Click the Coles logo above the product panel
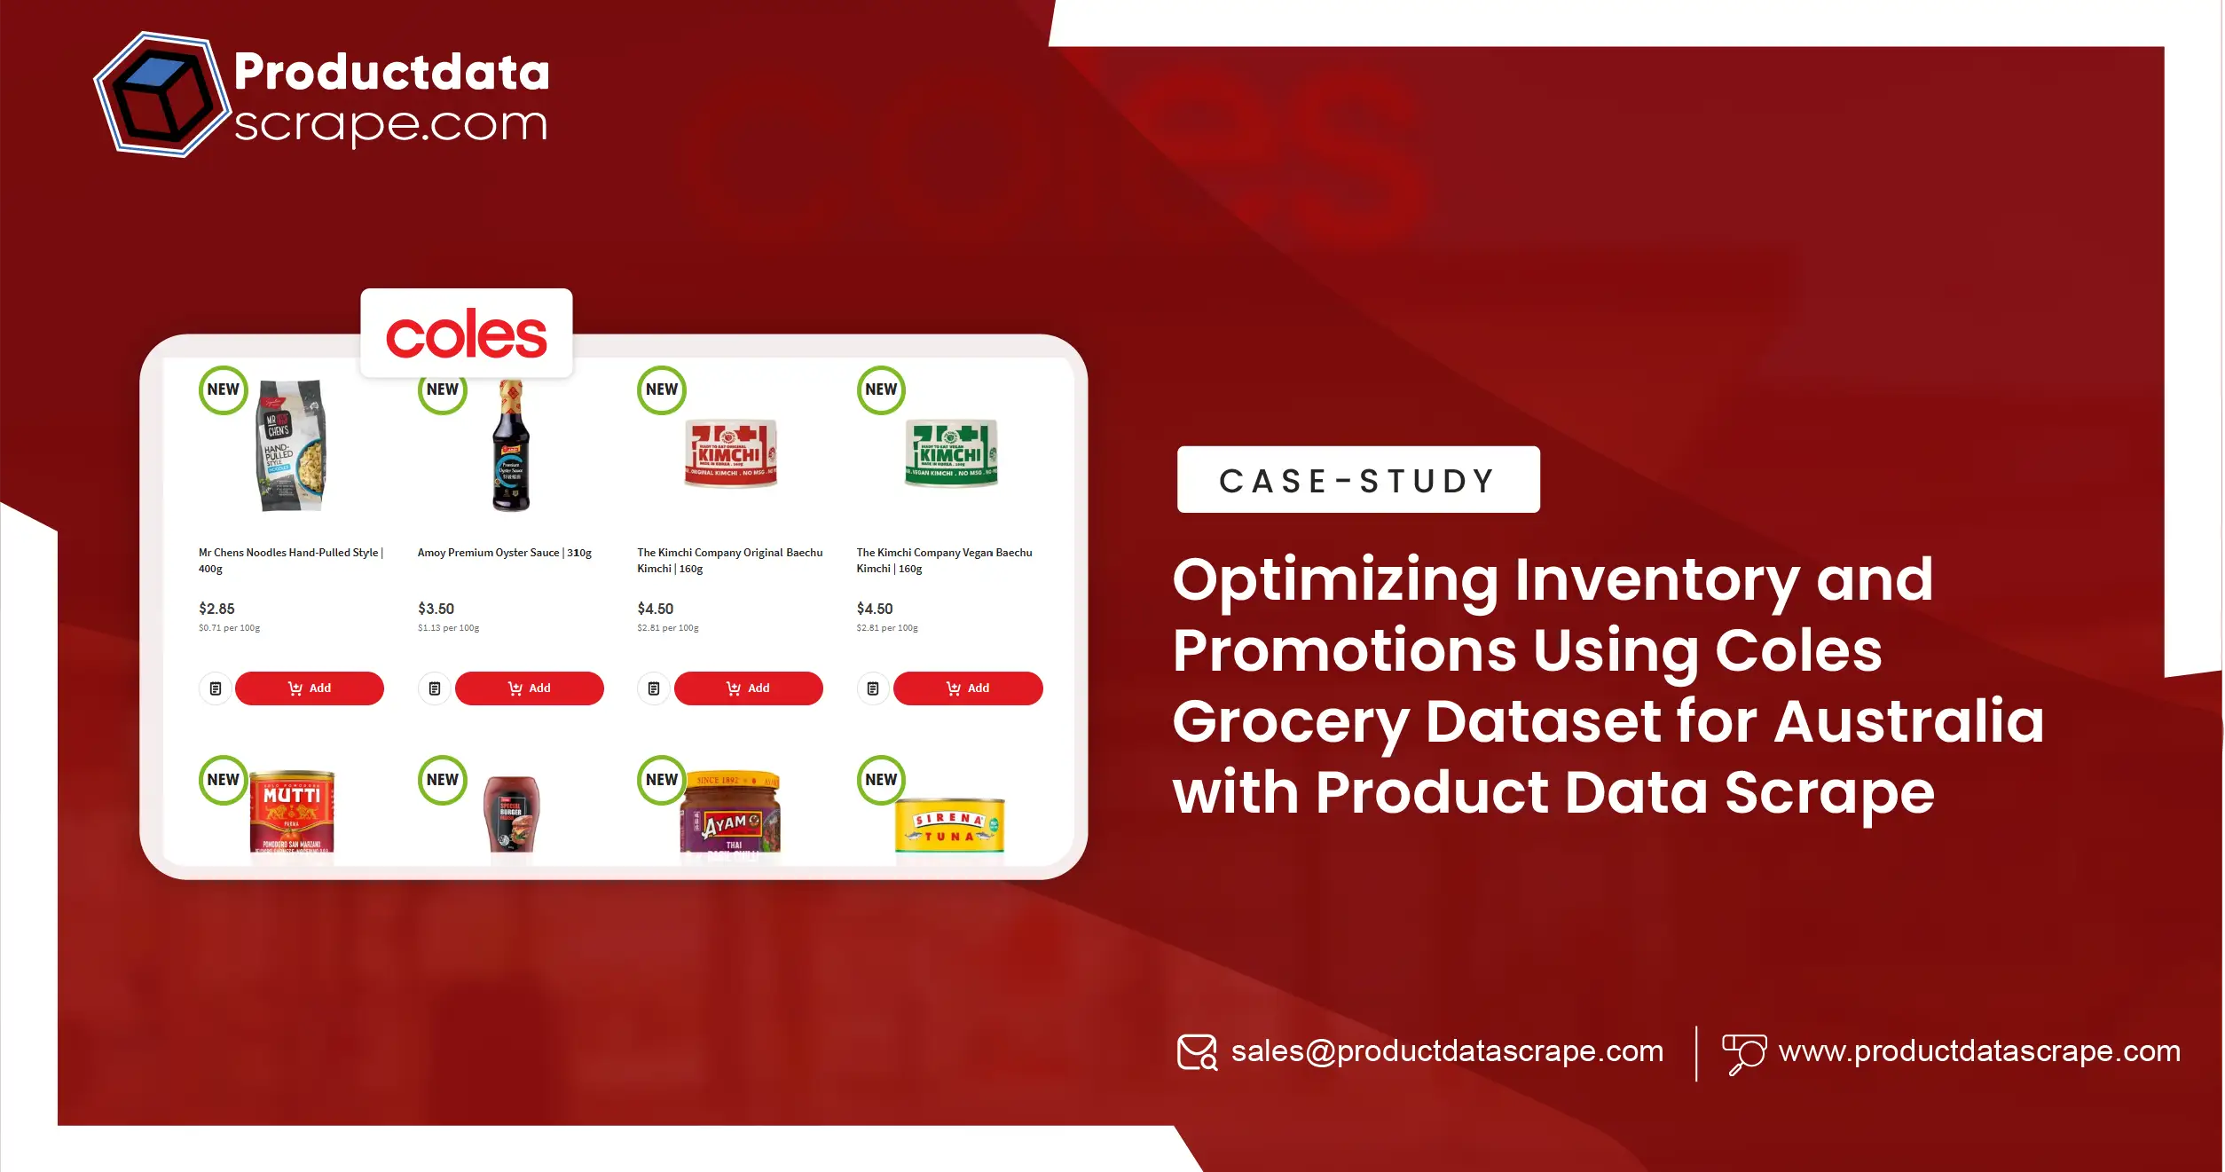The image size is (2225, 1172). (x=466, y=334)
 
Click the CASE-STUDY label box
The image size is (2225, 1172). (x=1357, y=480)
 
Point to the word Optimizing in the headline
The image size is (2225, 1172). (x=1334, y=580)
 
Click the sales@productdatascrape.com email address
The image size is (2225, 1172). (x=1446, y=1051)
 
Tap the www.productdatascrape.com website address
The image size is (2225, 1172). (x=1979, y=1051)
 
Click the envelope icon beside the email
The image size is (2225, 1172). (x=1197, y=1052)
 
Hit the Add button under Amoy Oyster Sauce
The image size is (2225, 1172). (x=529, y=688)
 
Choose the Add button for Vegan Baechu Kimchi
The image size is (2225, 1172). (x=967, y=688)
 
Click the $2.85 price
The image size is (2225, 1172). (x=216, y=609)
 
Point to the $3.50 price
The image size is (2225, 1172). (x=436, y=609)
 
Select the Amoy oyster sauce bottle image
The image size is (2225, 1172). (x=511, y=446)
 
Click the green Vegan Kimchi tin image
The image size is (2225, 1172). (x=950, y=453)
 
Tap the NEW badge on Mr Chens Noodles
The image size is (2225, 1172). (x=223, y=390)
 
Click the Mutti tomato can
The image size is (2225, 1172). (x=292, y=813)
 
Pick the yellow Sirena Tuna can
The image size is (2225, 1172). (x=949, y=826)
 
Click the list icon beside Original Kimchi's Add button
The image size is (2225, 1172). (x=654, y=688)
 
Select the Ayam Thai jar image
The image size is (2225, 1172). (x=731, y=814)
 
